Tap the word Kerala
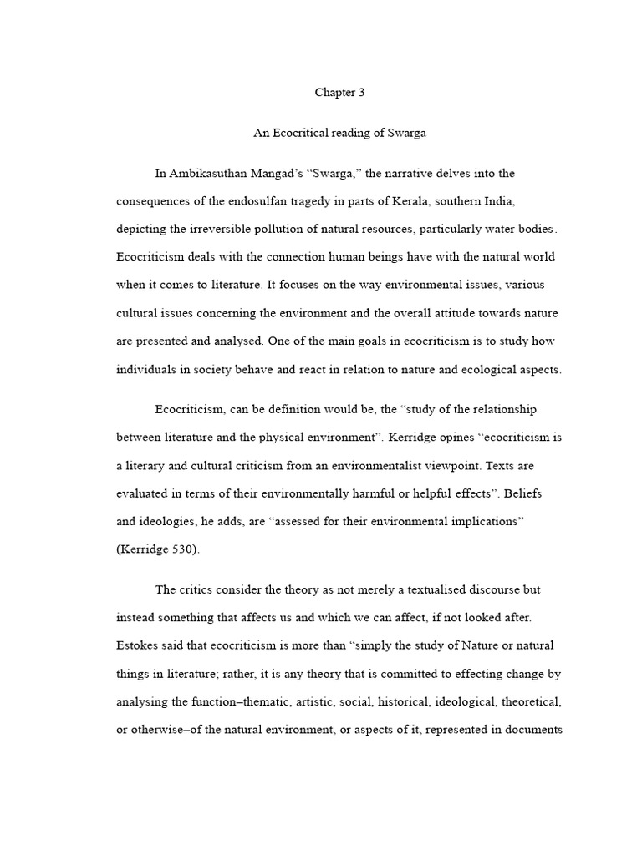click(426, 202)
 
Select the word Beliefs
click(522, 493)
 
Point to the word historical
click(417, 701)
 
